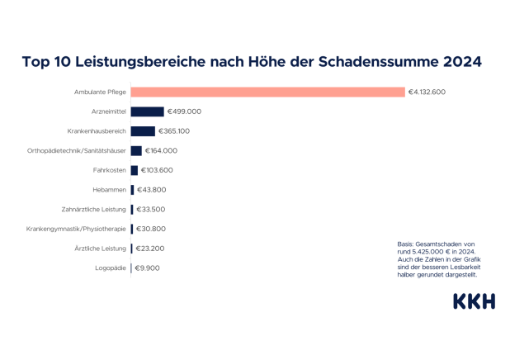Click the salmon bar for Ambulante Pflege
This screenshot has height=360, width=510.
(267, 92)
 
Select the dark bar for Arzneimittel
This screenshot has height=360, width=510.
(147, 111)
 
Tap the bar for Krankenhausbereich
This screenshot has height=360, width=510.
(143, 131)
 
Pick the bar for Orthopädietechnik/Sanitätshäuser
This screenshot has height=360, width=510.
(136, 150)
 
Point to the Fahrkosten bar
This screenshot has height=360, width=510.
(134, 170)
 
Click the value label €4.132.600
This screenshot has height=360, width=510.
(427, 92)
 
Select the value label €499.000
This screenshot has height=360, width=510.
(184, 111)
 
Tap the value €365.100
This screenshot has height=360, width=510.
(174, 131)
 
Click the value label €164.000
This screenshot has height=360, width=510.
(161, 150)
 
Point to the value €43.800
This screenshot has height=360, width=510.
(151, 190)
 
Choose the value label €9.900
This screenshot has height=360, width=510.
(147, 268)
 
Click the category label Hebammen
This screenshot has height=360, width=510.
(109, 190)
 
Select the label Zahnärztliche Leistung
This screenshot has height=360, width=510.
(93, 209)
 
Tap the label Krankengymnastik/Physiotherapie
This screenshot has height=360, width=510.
(76, 229)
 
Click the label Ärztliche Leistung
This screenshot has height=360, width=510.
(101, 248)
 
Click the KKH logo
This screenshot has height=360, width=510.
(474, 301)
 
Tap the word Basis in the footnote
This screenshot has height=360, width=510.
(405, 244)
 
